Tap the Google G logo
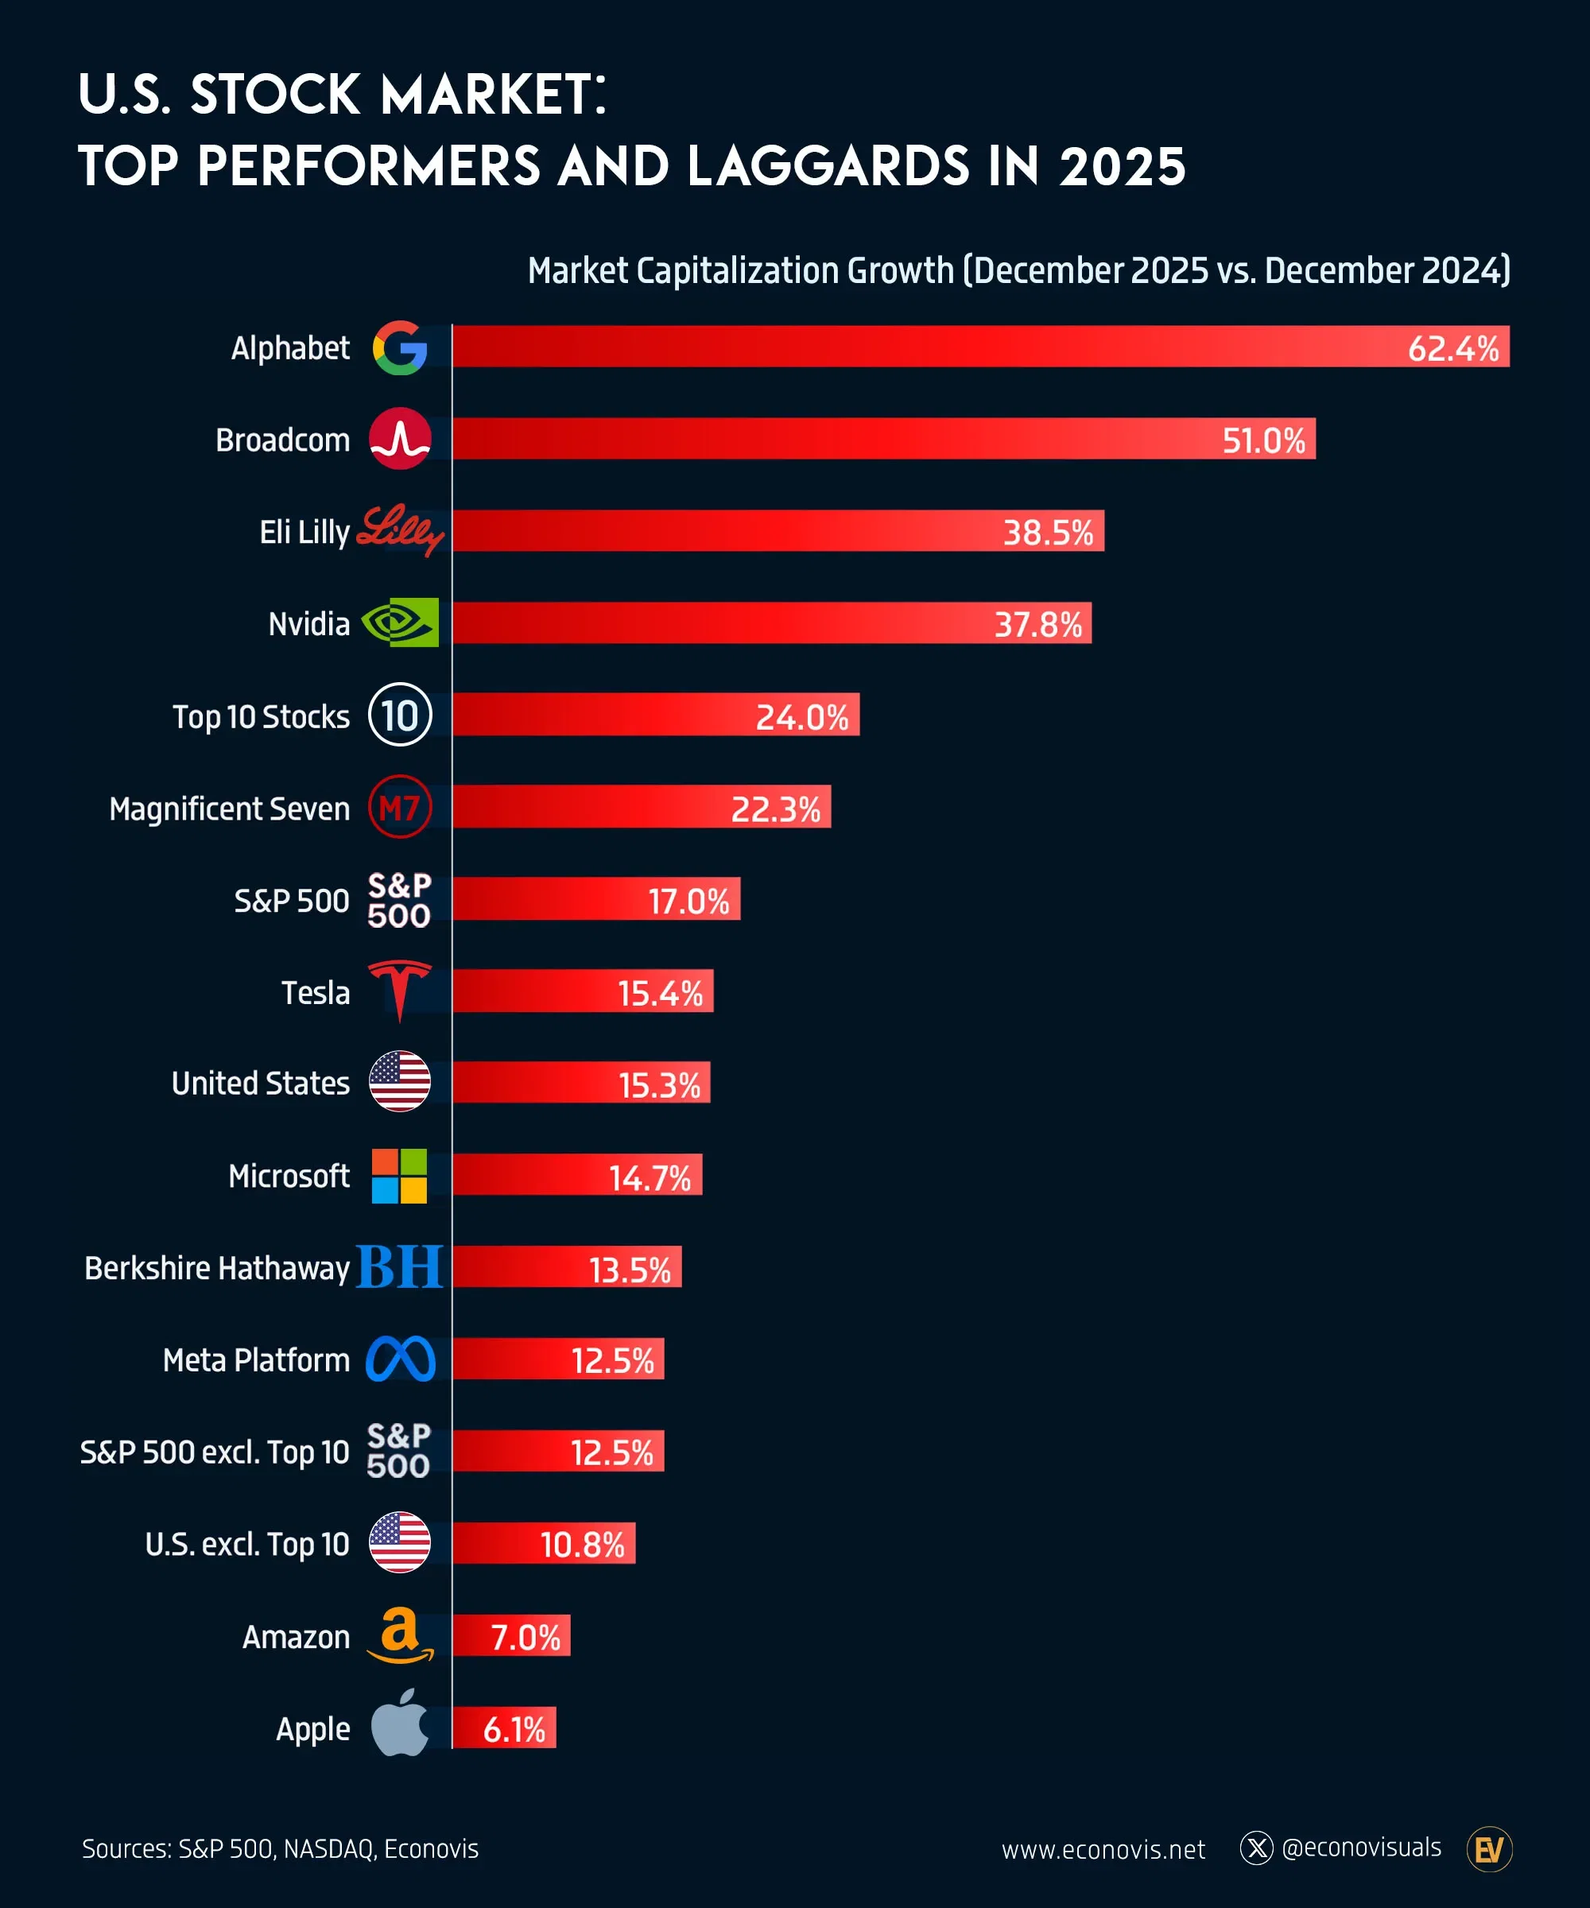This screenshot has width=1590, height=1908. pyautogui.click(x=400, y=347)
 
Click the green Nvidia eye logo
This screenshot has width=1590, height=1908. pyautogui.click(x=401, y=622)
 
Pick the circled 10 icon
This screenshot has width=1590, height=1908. pyautogui.click(x=400, y=715)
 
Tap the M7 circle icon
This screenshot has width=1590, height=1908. pyautogui.click(x=400, y=807)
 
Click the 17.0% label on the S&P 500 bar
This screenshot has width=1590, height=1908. pyautogui.click(x=688, y=902)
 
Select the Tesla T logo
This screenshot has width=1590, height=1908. pyautogui.click(x=400, y=990)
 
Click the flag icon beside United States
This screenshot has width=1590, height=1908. pyautogui.click(x=400, y=1082)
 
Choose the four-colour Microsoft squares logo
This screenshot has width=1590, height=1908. pyautogui.click(x=400, y=1176)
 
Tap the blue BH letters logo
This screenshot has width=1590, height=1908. pyautogui.click(x=400, y=1267)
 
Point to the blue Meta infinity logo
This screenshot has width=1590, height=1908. pyautogui.click(x=401, y=1359)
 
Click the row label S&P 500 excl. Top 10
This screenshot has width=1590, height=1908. pyautogui.click(x=215, y=1452)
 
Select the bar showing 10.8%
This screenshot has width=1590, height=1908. pyautogui.click(x=543, y=1543)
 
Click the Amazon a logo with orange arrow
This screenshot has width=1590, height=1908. pyautogui.click(x=400, y=1635)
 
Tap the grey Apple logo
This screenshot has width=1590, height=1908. pyautogui.click(x=400, y=1724)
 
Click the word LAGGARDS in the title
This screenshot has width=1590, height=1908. pyautogui.click(x=828, y=166)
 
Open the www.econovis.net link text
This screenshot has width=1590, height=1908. pyautogui.click(x=1103, y=1849)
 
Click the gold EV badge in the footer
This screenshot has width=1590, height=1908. pyautogui.click(x=1488, y=1849)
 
